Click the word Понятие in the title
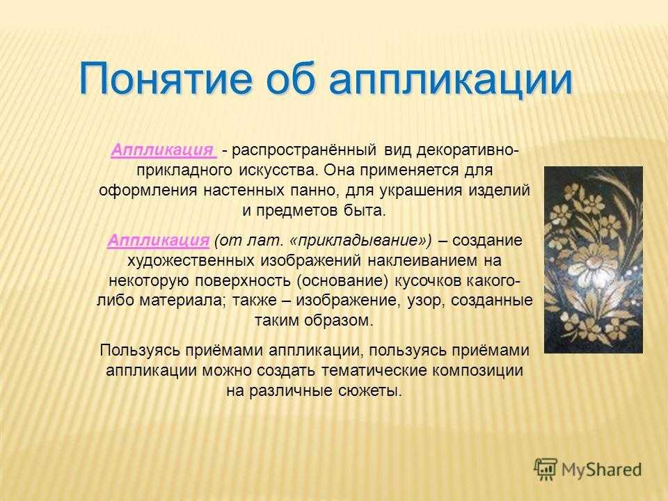pyautogui.click(x=166, y=79)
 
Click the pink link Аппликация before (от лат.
pyautogui.click(x=159, y=240)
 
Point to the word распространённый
pyautogui.click(x=304, y=151)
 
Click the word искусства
pyautogui.click(x=278, y=170)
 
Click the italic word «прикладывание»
pyautogui.click(x=360, y=241)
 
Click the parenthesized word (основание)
pyautogui.click(x=342, y=281)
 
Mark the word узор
pyautogui.click(x=424, y=301)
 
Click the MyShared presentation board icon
pyautogui.click(x=546, y=469)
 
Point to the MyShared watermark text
pyautogui.click(x=601, y=470)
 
